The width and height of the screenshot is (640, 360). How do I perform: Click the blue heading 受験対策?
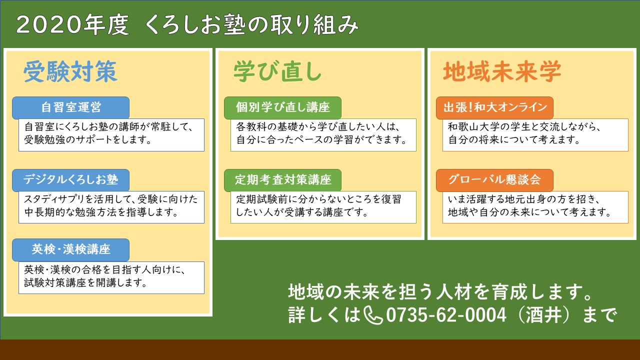coord(70,71)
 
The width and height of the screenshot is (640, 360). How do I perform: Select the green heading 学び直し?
coord(277,71)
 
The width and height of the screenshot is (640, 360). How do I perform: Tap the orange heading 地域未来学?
coord(502,71)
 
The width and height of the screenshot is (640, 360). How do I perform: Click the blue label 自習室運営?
coord(71,107)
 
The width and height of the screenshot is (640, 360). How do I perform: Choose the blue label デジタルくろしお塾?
coord(71,180)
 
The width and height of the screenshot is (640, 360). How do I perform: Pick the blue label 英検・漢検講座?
coord(71,249)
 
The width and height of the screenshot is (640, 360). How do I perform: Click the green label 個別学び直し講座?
coord(283,107)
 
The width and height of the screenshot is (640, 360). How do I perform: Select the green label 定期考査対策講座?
coord(283,180)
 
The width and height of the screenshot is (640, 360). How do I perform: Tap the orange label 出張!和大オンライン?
coord(495,107)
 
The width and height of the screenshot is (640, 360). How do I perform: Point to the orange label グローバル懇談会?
coord(495,180)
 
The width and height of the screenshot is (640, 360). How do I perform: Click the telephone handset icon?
coord(373,315)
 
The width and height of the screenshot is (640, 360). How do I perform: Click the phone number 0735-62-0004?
coord(446,315)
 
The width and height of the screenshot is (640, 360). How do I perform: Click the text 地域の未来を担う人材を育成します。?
coord(440,292)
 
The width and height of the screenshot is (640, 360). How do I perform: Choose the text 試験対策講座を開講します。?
coord(85,283)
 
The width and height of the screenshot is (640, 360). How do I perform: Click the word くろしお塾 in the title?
coord(195,24)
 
